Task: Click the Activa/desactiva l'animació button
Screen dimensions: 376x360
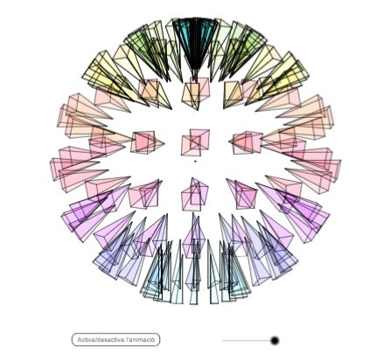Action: [115, 340]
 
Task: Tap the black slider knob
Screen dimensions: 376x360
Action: [275, 340]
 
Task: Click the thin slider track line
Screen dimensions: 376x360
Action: [247, 340]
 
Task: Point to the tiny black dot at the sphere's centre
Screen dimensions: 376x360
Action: [195, 161]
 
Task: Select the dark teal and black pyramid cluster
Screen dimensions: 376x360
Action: [195, 44]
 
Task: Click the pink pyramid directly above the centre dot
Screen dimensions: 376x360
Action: [195, 142]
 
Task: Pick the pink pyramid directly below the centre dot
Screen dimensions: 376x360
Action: [195, 195]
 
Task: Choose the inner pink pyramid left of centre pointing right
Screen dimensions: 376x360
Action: [147, 142]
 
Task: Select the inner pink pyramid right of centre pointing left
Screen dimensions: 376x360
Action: [246, 142]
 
